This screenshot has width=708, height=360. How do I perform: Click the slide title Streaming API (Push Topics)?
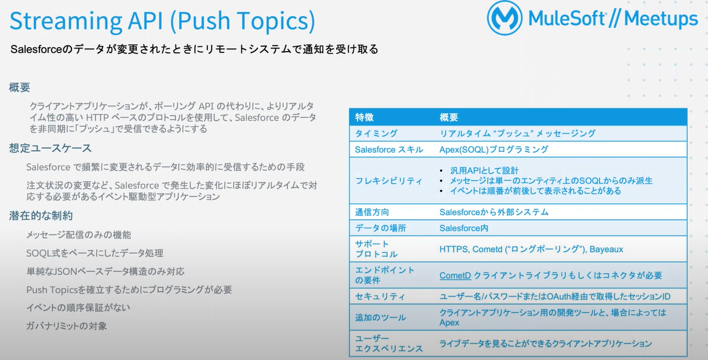click(162, 22)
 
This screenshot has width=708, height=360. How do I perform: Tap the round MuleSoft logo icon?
click(504, 18)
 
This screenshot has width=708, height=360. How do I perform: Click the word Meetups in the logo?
click(661, 20)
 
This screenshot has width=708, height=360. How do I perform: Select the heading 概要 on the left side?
click(20, 87)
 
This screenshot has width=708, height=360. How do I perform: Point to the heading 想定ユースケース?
click(50, 148)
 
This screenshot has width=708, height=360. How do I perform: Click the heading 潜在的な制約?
click(41, 215)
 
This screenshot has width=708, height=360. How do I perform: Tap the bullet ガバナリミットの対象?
click(66, 326)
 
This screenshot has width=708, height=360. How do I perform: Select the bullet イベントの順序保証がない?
click(78, 308)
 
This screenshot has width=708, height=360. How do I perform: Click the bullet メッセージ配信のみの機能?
click(79, 235)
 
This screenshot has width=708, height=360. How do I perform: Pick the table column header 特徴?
click(364, 118)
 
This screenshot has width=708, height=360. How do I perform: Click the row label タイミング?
click(376, 133)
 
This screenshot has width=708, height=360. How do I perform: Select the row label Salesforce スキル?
click(388, 150)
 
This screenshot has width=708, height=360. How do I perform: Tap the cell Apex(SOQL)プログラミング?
click(494, 150)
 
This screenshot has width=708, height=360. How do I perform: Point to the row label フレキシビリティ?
click(388, 181)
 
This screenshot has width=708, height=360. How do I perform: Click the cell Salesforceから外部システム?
click(494, 212)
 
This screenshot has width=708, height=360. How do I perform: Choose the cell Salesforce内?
click(464, 228)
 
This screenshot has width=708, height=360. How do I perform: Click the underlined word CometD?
click(455, 275)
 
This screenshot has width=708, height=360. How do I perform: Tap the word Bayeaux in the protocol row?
click(606, 249)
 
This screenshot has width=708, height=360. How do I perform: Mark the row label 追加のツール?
click(380, 318)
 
